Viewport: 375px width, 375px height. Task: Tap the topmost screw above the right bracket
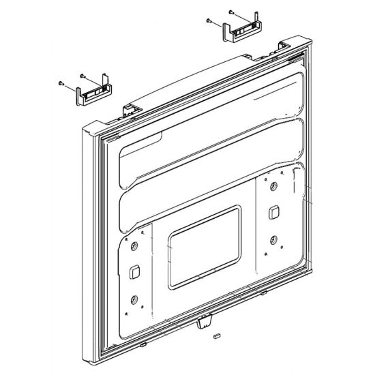[x=230, y=12]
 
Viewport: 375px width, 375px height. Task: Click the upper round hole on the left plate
[x=134, y=246]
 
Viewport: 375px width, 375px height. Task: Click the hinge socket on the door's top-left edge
[x=127, y=107]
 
